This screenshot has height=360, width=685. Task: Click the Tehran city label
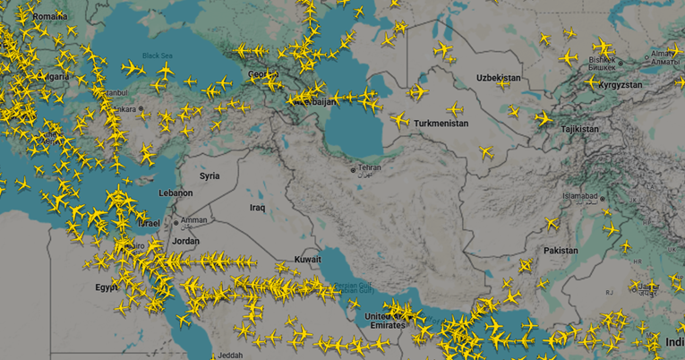point(370,167)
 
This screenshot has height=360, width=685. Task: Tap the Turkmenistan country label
point(441,124)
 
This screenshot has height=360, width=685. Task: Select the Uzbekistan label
point(498,79)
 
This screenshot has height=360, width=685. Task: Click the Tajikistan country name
point(579,129)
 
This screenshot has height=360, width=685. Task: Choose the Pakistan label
point(561,251)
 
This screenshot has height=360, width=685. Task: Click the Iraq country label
point(258,208)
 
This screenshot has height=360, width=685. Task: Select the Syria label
point(210,176)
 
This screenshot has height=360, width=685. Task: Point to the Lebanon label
point(175,193)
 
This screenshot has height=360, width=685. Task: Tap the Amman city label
point(193,220)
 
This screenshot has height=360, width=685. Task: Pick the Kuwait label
point(308,259)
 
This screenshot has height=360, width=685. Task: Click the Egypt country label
point(107,287)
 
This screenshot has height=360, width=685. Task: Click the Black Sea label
point(156,56)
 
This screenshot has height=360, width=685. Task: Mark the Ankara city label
point(125,109)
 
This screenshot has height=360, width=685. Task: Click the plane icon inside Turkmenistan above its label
point(455,110)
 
